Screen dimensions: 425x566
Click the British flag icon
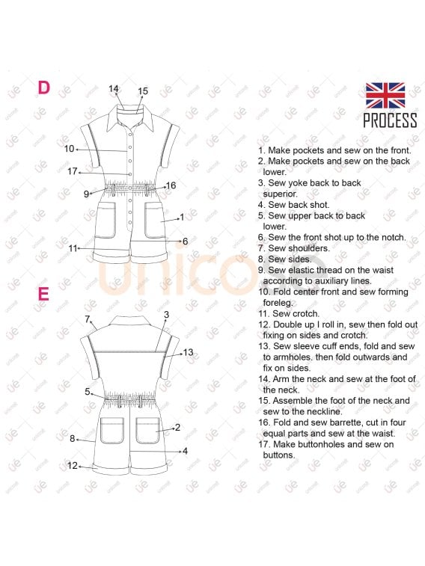click(x=385, y=95)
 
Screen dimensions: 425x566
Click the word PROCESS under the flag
click(x=390, y=120)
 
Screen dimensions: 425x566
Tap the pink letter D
click(x=43, y=87)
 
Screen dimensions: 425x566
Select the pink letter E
click(x=43, y=294)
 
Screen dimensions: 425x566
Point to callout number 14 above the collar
click(x=114, y=89)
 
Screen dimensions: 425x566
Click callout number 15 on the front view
click(x=143, y=91)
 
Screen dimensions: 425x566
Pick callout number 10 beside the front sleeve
click(x=69, y=149)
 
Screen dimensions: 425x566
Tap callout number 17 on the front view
click(x=73, y=171)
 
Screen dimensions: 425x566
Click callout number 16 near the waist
click(x=171, y=185)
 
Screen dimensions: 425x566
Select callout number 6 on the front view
click(x=186, y=241)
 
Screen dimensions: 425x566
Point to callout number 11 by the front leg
click(x=73, y=248)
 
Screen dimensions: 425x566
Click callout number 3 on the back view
click(x=166, y=315)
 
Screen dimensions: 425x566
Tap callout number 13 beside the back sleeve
click(x=188, y=352)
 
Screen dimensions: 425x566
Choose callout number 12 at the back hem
click(x=73, y=466)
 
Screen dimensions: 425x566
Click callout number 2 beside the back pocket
click(x=177, y=428)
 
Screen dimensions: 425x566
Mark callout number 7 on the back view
click(x=88, y=319)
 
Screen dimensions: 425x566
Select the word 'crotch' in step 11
click(x=306, y=314)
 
